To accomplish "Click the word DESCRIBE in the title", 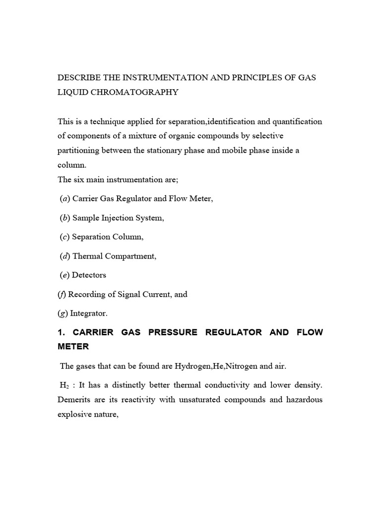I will click(x=78, y=78).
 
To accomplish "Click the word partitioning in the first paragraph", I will click(x=79, y=150).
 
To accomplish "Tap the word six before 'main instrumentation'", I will click(x=80, y=180).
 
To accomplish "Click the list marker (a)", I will click(x=64, y=198).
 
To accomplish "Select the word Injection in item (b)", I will click(x=117, y=218).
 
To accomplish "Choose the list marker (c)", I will click(x=64, y=237).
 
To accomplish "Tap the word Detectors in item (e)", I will click(x=89, y=275).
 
